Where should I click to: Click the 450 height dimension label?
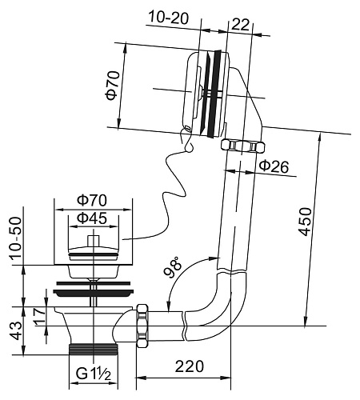tap(305, 222)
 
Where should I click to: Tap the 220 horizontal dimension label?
tap(189, 366)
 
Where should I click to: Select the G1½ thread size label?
tap(93, 374)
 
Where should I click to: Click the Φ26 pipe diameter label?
tap(274, 166)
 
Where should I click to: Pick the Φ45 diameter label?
tap(92, 218)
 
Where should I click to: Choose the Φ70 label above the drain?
tap(92, 201)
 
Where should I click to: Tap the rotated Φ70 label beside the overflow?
tap(112, 86)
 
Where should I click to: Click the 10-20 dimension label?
tap(169, 18)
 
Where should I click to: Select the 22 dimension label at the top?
tap(241, 25)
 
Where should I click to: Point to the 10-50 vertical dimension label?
tap(16, 238)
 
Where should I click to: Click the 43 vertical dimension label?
tap(17, 331)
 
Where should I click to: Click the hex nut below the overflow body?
tap(243, 146)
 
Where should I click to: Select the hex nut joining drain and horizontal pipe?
tap(142, 326)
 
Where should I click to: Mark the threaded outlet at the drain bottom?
tap(93, 349)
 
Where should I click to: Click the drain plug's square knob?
tap(94, 240)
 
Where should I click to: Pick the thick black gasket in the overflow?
tap(214, 94)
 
